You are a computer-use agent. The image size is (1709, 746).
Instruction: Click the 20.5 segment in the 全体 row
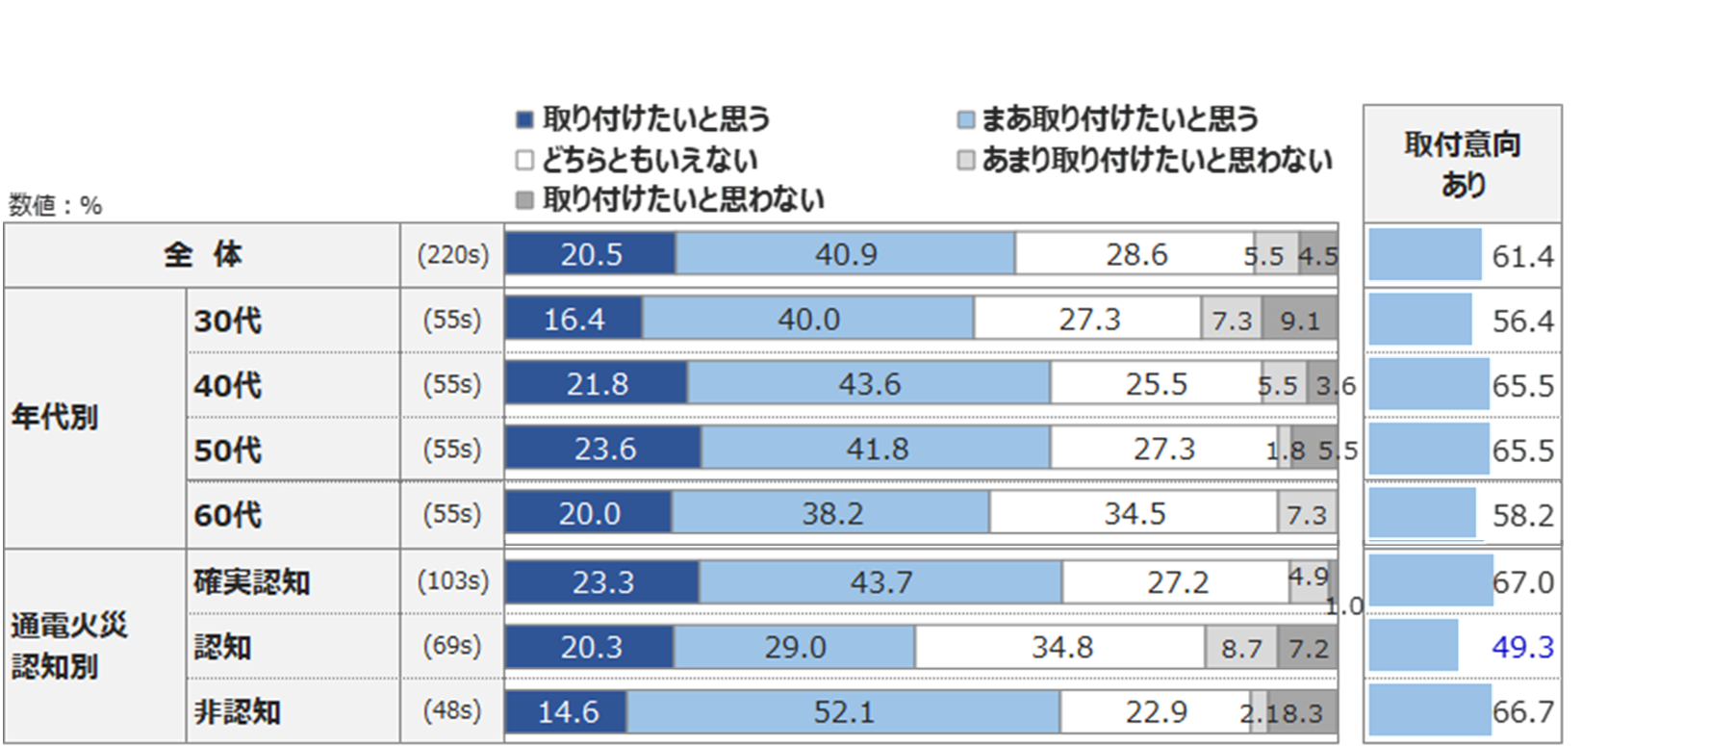coord(590,255)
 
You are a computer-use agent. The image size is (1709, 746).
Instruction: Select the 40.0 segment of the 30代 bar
coord(808,320)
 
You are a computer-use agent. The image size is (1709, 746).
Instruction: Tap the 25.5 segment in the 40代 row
coord(1156,384)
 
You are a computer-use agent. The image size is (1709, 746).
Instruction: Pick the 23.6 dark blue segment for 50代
coord(604,449)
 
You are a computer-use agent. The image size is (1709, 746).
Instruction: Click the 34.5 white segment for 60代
coord(1134,513)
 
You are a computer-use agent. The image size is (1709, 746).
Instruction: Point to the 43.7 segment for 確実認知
coord(880,582)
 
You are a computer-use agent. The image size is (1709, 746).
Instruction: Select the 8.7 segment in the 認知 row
coord(1241,648)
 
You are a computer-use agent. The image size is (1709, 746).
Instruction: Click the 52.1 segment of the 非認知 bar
coord(843,712)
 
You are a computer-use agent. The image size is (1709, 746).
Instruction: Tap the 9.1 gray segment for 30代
coord(1299,320)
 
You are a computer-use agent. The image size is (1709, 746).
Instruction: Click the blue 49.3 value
coord(1522,647)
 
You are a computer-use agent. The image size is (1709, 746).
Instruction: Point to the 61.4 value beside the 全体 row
coord(1522,256)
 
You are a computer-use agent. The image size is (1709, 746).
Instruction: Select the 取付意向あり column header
coord(1462,164)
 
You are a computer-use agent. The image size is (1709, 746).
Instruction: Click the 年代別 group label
coord(55,417)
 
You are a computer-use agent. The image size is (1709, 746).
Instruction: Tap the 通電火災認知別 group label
coord(69,645)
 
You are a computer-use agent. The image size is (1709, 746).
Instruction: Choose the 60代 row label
coord(228,514)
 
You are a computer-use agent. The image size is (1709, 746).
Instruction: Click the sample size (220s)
coord(452,255)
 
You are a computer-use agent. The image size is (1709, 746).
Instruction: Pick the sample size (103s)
coord(452,581)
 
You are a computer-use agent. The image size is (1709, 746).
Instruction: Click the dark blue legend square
coord(524,120)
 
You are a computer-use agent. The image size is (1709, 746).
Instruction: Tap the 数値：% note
coord(55,205)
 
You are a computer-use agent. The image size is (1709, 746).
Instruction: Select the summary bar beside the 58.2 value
coord(1422,514)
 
